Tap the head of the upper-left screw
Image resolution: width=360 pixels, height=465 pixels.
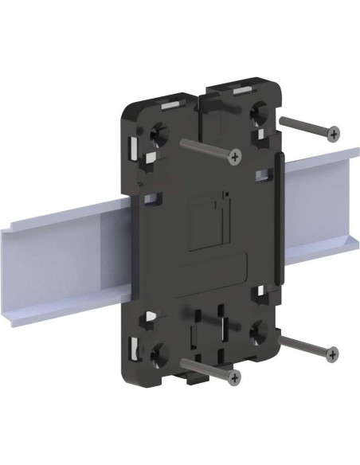[234, 157]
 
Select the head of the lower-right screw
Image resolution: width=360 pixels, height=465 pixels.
[332, 353]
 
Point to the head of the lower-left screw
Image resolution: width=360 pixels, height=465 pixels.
[234, 375]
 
